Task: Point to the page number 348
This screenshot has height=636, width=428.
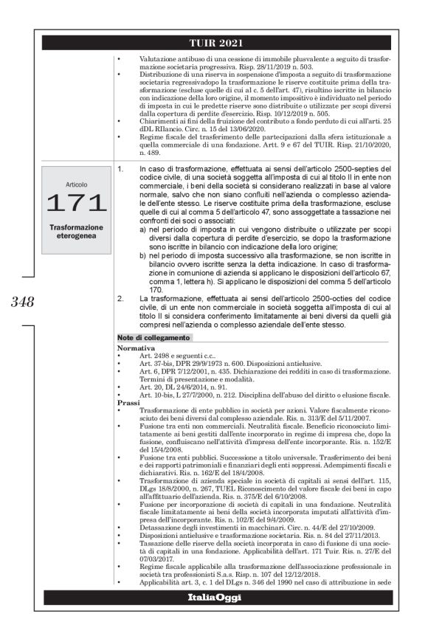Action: (x=23, y=301)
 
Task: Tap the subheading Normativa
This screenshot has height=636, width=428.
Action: (x=136, y=346)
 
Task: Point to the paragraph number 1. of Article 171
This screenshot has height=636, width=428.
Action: (x=122, y=169)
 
